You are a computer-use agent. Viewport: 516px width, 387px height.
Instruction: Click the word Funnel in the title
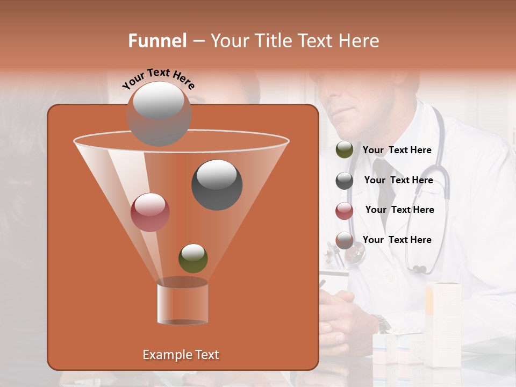pos(157,41)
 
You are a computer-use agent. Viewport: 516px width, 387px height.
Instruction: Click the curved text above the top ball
pos(159,78)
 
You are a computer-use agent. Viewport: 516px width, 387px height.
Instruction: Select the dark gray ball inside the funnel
pos(217,184)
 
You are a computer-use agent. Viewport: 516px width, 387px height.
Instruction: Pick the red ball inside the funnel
pos(150,212)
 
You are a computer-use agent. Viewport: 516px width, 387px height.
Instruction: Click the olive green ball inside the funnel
pos(193,258)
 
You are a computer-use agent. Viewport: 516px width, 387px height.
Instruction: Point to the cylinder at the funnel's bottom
pos(182,302)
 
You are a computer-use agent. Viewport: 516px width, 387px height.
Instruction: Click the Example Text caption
pos(181,355)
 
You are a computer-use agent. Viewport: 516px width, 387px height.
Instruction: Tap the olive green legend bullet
pos(345,150)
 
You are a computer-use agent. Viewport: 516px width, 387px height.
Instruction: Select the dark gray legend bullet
pos(345,181)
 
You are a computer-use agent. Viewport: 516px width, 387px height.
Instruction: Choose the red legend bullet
pos(345,211)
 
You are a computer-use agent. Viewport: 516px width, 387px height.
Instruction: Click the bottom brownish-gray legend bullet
pos(345,240)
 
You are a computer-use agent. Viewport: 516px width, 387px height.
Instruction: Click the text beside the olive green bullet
pos(397,150)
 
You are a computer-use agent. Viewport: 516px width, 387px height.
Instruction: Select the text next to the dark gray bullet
pos(398,181)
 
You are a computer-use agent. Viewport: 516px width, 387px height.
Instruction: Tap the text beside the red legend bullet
pos(399,210)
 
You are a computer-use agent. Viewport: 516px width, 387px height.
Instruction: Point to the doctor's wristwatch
pos(382,322)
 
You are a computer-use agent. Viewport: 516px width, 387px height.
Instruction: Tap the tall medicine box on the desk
pos(443,322)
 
